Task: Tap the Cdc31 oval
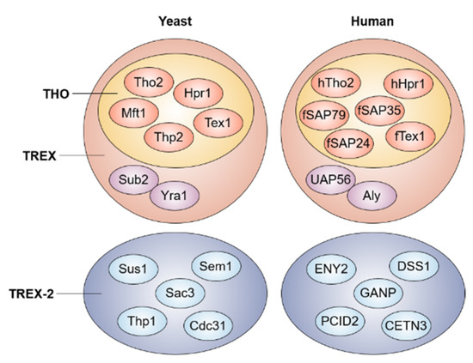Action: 208,326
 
